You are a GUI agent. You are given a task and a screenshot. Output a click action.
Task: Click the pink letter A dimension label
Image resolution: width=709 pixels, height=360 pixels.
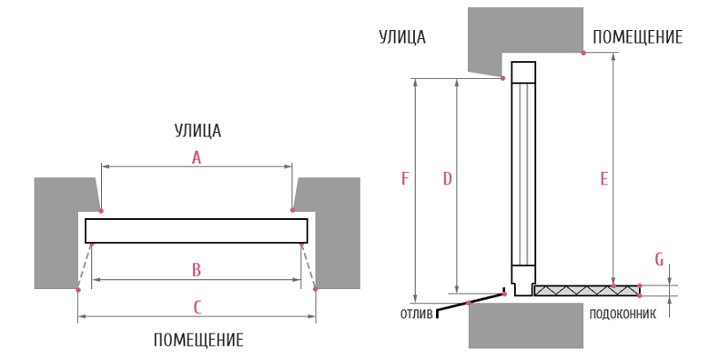pos(196,159)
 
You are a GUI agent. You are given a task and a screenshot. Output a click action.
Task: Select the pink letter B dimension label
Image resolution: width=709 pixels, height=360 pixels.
pos(196,270)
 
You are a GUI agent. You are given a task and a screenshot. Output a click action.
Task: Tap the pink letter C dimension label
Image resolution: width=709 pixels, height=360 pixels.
pos(197,308)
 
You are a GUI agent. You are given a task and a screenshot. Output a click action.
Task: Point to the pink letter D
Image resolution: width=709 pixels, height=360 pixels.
pos(448,179)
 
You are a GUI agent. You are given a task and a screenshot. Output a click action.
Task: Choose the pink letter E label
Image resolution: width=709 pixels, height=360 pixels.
pos(604,179)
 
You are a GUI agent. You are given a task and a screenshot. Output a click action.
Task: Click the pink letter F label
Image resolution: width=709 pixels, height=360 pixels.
pos(405,179)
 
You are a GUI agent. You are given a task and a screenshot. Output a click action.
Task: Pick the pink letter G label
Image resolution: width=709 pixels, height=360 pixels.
pos(659,260)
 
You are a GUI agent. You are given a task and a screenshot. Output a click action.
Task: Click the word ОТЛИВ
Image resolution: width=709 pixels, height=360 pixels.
pos(417,314)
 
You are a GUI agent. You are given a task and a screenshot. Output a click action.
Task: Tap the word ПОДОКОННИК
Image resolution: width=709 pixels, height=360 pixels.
pos(622,314)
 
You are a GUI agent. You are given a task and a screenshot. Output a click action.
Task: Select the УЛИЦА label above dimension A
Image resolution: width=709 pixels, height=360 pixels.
pos(198,130)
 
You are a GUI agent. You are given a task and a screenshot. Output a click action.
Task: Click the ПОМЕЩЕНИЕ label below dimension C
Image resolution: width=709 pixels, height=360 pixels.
pos(198,340)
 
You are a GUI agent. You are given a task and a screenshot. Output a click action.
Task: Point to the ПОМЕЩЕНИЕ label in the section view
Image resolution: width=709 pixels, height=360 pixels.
pos(637,37)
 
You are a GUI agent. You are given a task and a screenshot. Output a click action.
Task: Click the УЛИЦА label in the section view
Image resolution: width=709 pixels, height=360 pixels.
pos(402,37)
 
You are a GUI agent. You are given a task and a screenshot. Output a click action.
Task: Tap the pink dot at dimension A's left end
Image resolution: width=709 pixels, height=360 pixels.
pos(101,211)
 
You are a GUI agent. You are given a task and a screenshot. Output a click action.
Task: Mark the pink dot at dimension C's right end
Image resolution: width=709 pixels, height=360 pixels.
pos(316,289)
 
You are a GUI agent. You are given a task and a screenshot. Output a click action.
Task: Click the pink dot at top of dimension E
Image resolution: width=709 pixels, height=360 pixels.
pos(583,53)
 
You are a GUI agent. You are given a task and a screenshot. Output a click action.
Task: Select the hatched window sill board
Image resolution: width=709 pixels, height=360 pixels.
pos(587,290)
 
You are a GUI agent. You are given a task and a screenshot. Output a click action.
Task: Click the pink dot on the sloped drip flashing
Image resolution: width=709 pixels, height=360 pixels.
pos(469,302)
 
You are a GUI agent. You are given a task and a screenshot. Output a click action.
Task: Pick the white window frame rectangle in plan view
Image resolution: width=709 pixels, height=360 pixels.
pos(196,231)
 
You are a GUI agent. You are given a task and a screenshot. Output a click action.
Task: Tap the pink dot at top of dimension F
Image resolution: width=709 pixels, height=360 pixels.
pos(503,78)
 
